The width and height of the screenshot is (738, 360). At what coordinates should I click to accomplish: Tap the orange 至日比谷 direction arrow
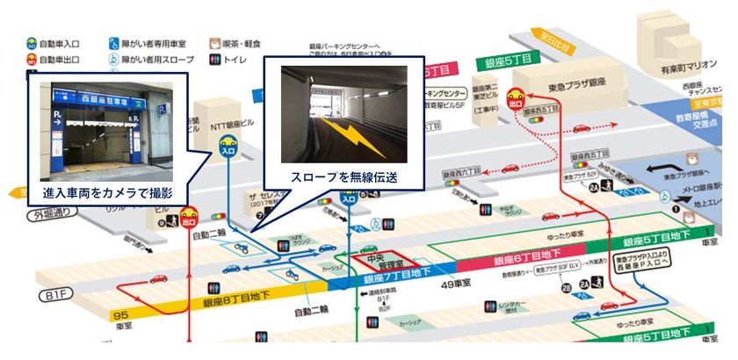pyautogui.click(x=544, y=43)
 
